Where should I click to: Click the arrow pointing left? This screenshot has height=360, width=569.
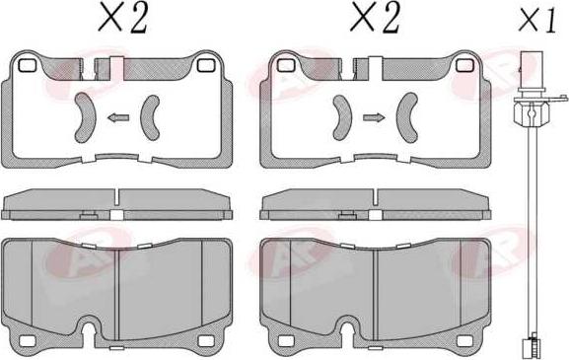(117, 118)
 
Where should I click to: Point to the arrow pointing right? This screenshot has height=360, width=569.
(372, 118)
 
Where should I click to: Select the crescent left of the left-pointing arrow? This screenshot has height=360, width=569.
(83, 117)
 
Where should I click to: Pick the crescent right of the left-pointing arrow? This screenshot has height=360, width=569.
(153, 117)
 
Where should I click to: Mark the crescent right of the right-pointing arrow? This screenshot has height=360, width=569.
(406, 117)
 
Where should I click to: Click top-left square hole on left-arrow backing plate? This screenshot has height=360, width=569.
(28, 66)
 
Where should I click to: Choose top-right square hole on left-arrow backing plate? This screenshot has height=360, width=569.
(206, 66)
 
